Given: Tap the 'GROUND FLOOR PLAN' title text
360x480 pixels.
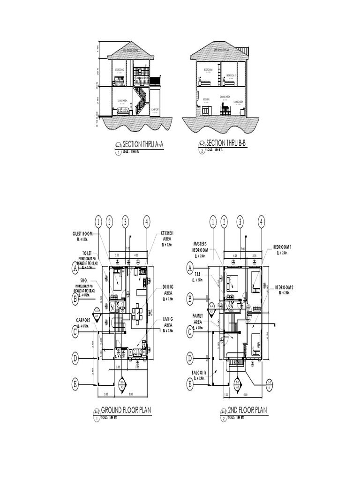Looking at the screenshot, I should point(126,411).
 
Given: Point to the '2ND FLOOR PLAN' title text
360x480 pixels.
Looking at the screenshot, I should point(247,411).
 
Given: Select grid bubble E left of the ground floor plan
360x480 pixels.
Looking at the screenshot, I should point(75,385).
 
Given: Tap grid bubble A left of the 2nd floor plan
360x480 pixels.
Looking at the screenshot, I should point(190,268).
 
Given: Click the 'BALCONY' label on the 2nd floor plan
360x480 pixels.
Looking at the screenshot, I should point(200,373).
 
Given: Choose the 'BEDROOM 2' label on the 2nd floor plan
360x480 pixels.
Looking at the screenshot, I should point(284,287).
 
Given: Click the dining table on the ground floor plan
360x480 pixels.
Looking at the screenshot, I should point(137,313).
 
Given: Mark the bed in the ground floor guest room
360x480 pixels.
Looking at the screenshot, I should point(117,282).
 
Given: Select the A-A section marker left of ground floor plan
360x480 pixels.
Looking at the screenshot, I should point(97,313).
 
